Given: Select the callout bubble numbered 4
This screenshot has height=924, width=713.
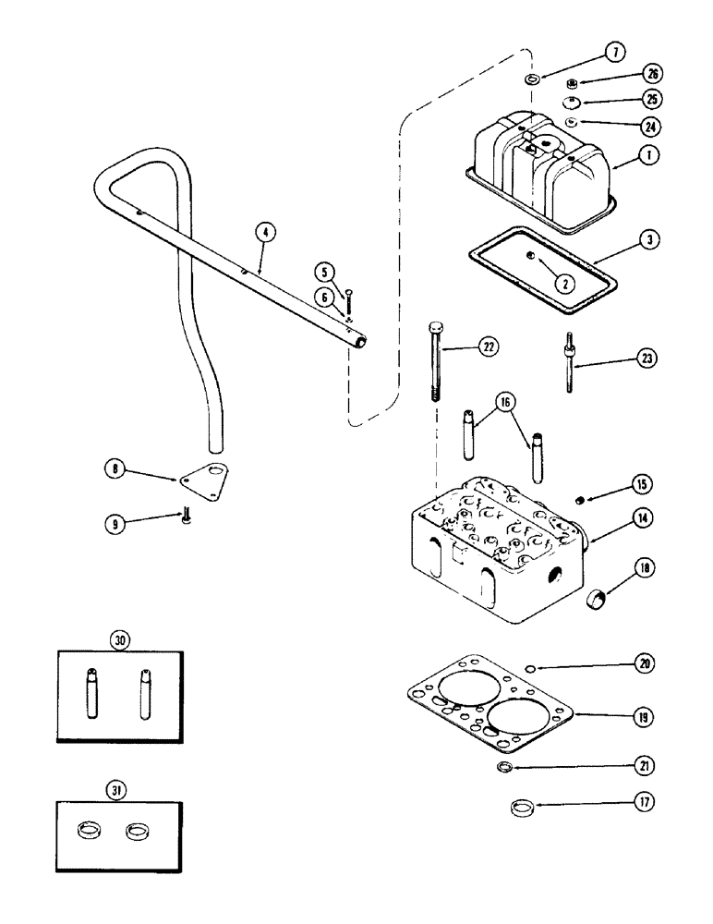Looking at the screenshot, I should point(264,235).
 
